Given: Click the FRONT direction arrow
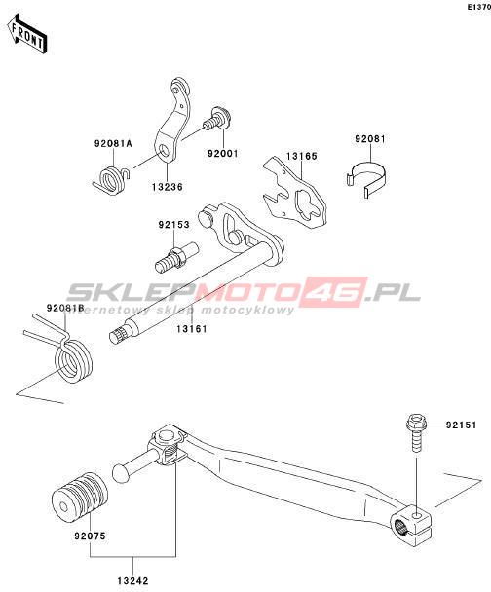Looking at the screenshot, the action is click(x=27, y=34).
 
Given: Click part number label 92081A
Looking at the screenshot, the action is click(x=113, y=143).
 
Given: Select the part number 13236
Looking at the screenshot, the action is click(x=168, y=187).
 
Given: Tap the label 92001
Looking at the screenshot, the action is click(x=223, y=154).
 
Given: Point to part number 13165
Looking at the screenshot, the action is click(x=301, y=156).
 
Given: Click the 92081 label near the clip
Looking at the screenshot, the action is click(x=370, y=139).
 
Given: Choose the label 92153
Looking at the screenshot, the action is click(x=173, y=225).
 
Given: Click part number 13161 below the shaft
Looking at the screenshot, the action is click(x=192, y=329).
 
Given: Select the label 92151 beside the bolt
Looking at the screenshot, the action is click(x=461, y=425).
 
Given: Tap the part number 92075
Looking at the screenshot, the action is click(x=90, y=536).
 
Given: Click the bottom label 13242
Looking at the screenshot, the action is click(x=132, y=581).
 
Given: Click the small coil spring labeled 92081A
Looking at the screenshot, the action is click(x=110, y=180).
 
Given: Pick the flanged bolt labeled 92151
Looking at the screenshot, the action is click(x=416, y=433).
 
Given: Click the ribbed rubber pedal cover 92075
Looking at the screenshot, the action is click(x=80, y=497).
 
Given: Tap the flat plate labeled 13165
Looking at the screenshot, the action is click(x=294, y=192).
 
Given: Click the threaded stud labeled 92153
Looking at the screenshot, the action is click(x=176, y=257).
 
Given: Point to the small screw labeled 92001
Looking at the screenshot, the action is click(x=218, y=118).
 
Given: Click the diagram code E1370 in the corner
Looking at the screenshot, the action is click(x=479, y=7).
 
